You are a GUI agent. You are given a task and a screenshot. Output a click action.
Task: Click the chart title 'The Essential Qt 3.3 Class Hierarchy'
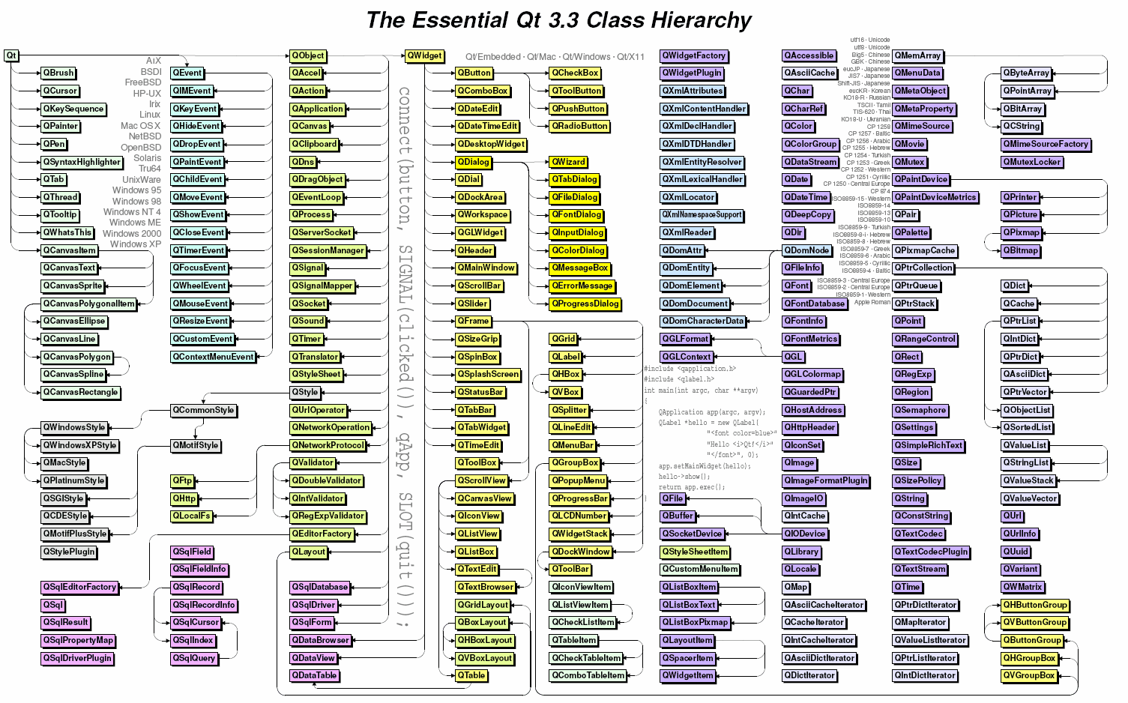tap(558, 20)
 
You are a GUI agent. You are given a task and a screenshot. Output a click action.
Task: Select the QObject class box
tap(308, 55)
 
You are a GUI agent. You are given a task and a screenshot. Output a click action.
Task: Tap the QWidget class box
tap(424, 55)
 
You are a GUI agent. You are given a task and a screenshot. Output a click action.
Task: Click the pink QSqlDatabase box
tap(320, 587)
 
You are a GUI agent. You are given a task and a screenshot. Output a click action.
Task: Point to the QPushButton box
tap(579, 109)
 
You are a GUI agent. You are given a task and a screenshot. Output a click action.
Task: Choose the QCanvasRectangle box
tap(80, 392)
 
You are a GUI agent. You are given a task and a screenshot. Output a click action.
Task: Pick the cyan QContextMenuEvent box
tap(213, 357)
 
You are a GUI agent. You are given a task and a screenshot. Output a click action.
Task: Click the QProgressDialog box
tap(585, 304)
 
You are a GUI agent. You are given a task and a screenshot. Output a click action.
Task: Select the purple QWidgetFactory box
tap(694, 55)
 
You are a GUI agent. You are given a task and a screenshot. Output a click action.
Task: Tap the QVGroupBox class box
tap(1029, 675)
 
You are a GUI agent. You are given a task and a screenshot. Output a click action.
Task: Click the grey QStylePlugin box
tap(69, 552)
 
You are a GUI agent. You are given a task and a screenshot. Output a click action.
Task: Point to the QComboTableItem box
tap(588, 675)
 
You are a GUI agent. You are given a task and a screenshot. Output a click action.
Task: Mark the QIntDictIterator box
tap(925, 675)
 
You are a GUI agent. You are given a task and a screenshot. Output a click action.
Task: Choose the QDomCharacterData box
tap(703, 321)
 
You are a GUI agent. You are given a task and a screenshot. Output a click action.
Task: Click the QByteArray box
tap(1026, 73)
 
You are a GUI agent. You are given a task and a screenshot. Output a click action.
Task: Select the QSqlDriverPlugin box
tap(77, 658)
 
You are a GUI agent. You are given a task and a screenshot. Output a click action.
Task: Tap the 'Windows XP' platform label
tap(135, 244)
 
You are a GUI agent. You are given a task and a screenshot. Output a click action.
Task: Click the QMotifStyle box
tap(196, 445)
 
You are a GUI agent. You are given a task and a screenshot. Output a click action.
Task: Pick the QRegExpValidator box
tap(328, 516)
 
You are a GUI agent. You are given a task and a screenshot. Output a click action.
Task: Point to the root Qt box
tap(11, 55)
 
